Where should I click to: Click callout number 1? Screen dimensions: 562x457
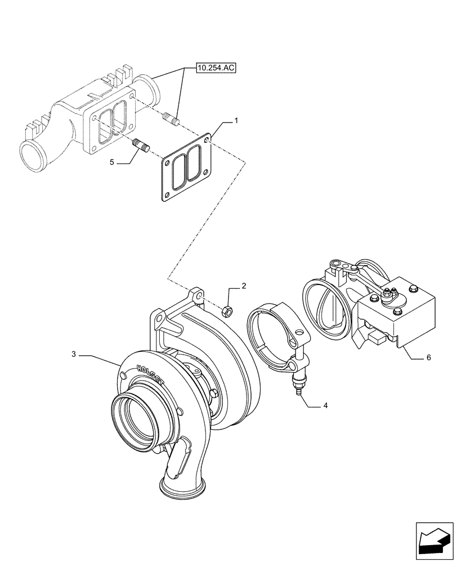(x=236, y=120)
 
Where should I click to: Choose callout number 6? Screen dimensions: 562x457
(x=429, y=357)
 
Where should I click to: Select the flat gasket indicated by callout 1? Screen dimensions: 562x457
(x=186, y=169)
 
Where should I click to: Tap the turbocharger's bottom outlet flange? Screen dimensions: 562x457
(x=180, y=488)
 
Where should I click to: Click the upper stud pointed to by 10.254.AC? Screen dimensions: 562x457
(x=169, y=119)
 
